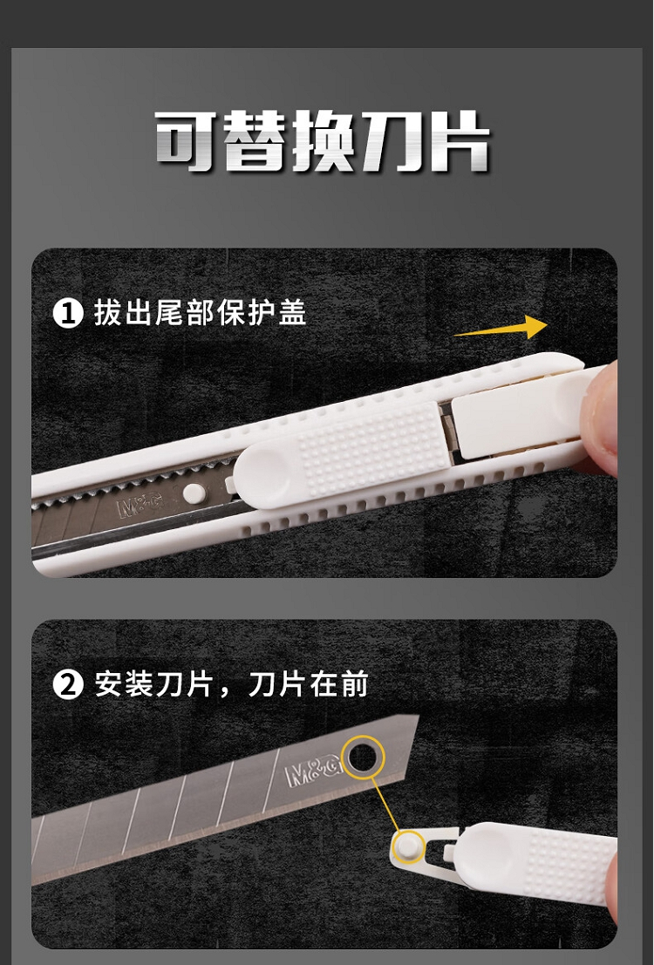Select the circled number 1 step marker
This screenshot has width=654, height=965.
pyautogui.click(x=68, y=313)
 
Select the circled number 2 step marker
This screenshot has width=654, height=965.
pyautogui.click(x=68, y=684)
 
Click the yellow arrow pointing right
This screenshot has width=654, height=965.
pyautogui.click(x=500, y=328)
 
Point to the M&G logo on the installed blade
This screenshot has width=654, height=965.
pyautogui.click(x=140, y=506)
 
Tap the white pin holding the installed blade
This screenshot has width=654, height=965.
pyautogui.click(x=194, y=493)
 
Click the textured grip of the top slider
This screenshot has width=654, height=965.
pyautogui.click(x=372, y=448)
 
